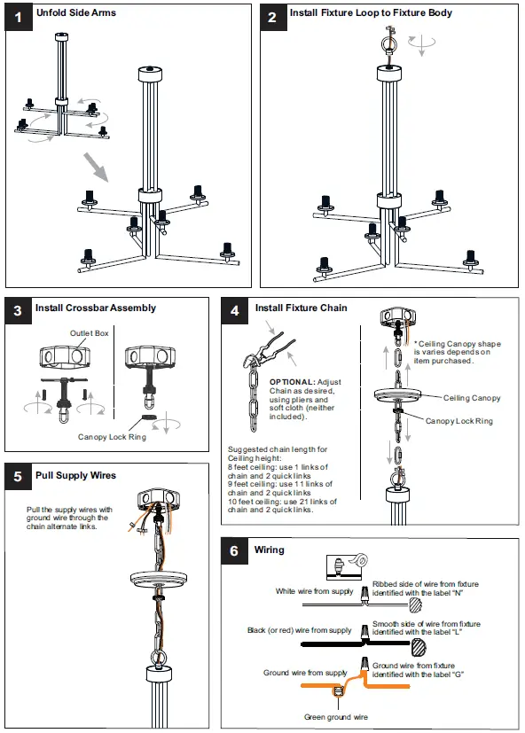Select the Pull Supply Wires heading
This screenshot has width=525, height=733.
(75, 475)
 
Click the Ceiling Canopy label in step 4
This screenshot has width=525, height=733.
(472, 398)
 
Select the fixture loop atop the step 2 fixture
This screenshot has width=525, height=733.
(388, 43)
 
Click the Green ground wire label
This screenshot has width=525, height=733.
(336, 716)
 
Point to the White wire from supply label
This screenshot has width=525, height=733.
(314, 591)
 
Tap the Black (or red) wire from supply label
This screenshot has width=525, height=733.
(300, 630)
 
